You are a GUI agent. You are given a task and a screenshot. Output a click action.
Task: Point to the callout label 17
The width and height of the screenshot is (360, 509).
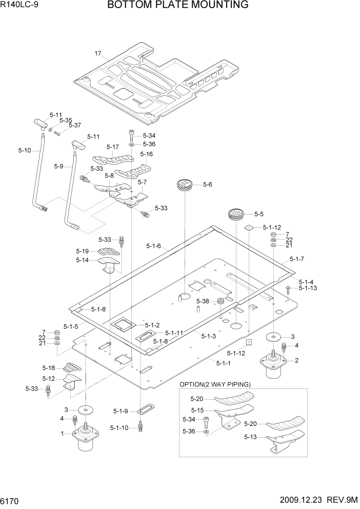coord(98,53)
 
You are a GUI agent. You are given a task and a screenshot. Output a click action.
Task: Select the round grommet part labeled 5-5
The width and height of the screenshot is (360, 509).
coord(235,213)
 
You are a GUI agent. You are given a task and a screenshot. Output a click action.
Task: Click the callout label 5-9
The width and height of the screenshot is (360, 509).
coord(58,166)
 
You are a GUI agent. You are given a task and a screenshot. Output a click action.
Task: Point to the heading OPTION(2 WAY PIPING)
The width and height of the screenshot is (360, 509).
coord(215,384)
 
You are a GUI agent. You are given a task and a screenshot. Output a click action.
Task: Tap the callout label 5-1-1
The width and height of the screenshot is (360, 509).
coord(224,363)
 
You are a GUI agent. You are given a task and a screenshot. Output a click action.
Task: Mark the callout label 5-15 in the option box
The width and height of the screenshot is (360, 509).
coord(197,410)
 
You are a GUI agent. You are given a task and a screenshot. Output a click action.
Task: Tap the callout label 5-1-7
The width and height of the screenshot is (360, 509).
coord(296,259)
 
